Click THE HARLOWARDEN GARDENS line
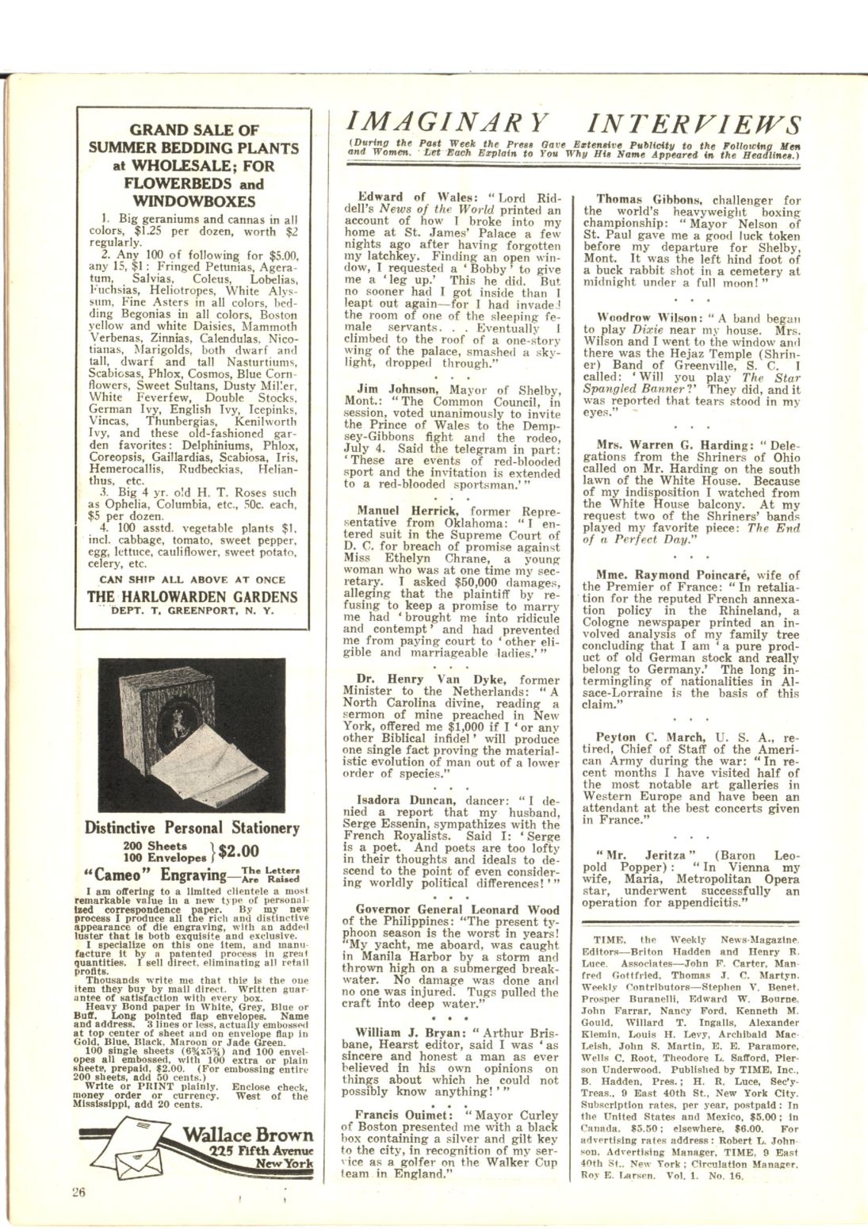193,597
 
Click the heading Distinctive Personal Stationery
193,828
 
